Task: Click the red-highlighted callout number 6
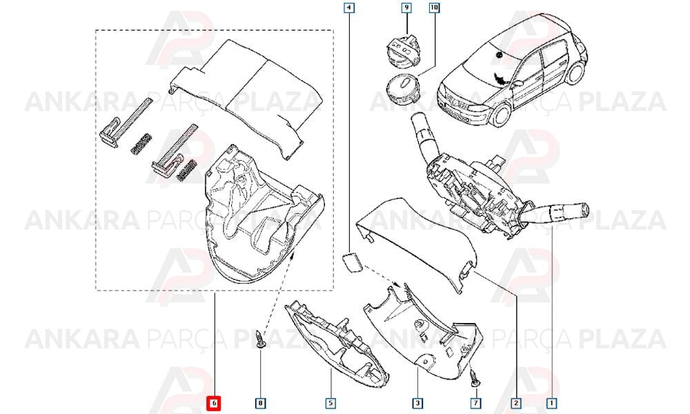pyautogui.click(x=215, y=402)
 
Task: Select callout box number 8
pyautogui.click(x=261, y=402)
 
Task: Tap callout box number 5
pyautogui.click(x=331, y=402)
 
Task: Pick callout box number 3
pyautogui.click(x=417, y=402)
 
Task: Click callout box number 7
pyautogui.click(x=475, y=402)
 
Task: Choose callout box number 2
pyautogui.click(x=515, y=402)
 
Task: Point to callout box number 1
pyautogui.click(x=551, y=402)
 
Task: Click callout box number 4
pyautogui.click(x=349, y=8)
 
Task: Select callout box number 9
pyautogui.click(x=406, y=8)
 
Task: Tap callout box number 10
pyautogui.click(x=434, y=8)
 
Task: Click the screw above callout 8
pyautogui.click(x=261, y=339)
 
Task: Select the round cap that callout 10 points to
pyautogui.click(x=402, y=90)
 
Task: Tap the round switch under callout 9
pyautogui.click(x=402, y=53)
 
